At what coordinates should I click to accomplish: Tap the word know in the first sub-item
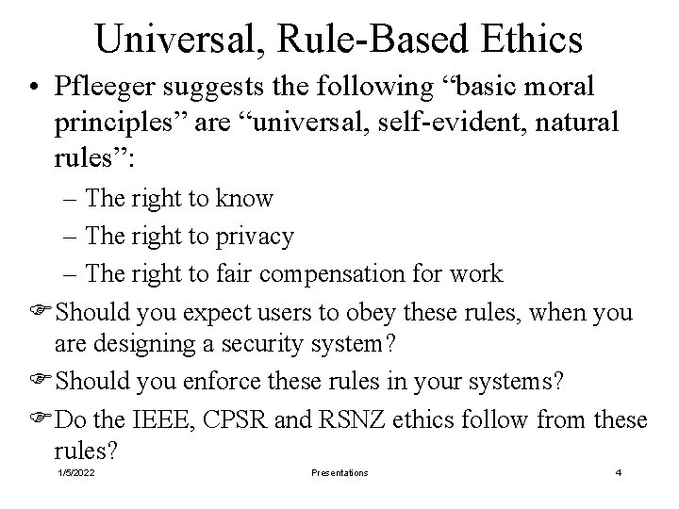pos(245,198)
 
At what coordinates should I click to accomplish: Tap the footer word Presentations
pos(339,473)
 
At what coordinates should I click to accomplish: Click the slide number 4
pos(618,473)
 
